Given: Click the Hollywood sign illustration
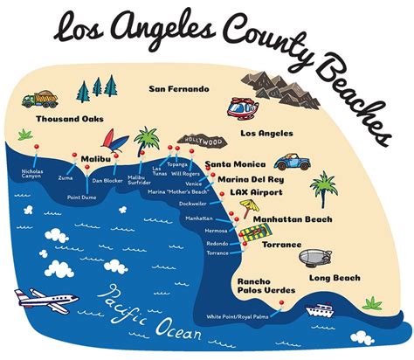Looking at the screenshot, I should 202,140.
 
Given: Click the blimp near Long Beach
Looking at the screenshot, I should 315,259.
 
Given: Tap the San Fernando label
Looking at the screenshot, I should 179,89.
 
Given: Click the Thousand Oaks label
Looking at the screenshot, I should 65,119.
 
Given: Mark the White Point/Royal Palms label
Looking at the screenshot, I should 240,316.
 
